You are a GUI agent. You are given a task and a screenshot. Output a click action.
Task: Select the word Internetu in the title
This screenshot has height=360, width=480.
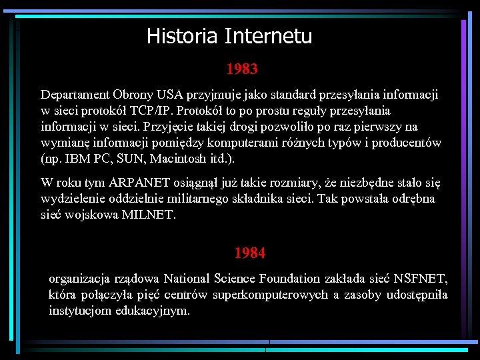click(x=268, y=35)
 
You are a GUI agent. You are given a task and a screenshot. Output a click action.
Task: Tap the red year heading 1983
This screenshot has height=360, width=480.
click(x=242, y=69)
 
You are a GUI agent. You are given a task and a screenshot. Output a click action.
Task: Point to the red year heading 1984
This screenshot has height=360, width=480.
click(x=250, y=253)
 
